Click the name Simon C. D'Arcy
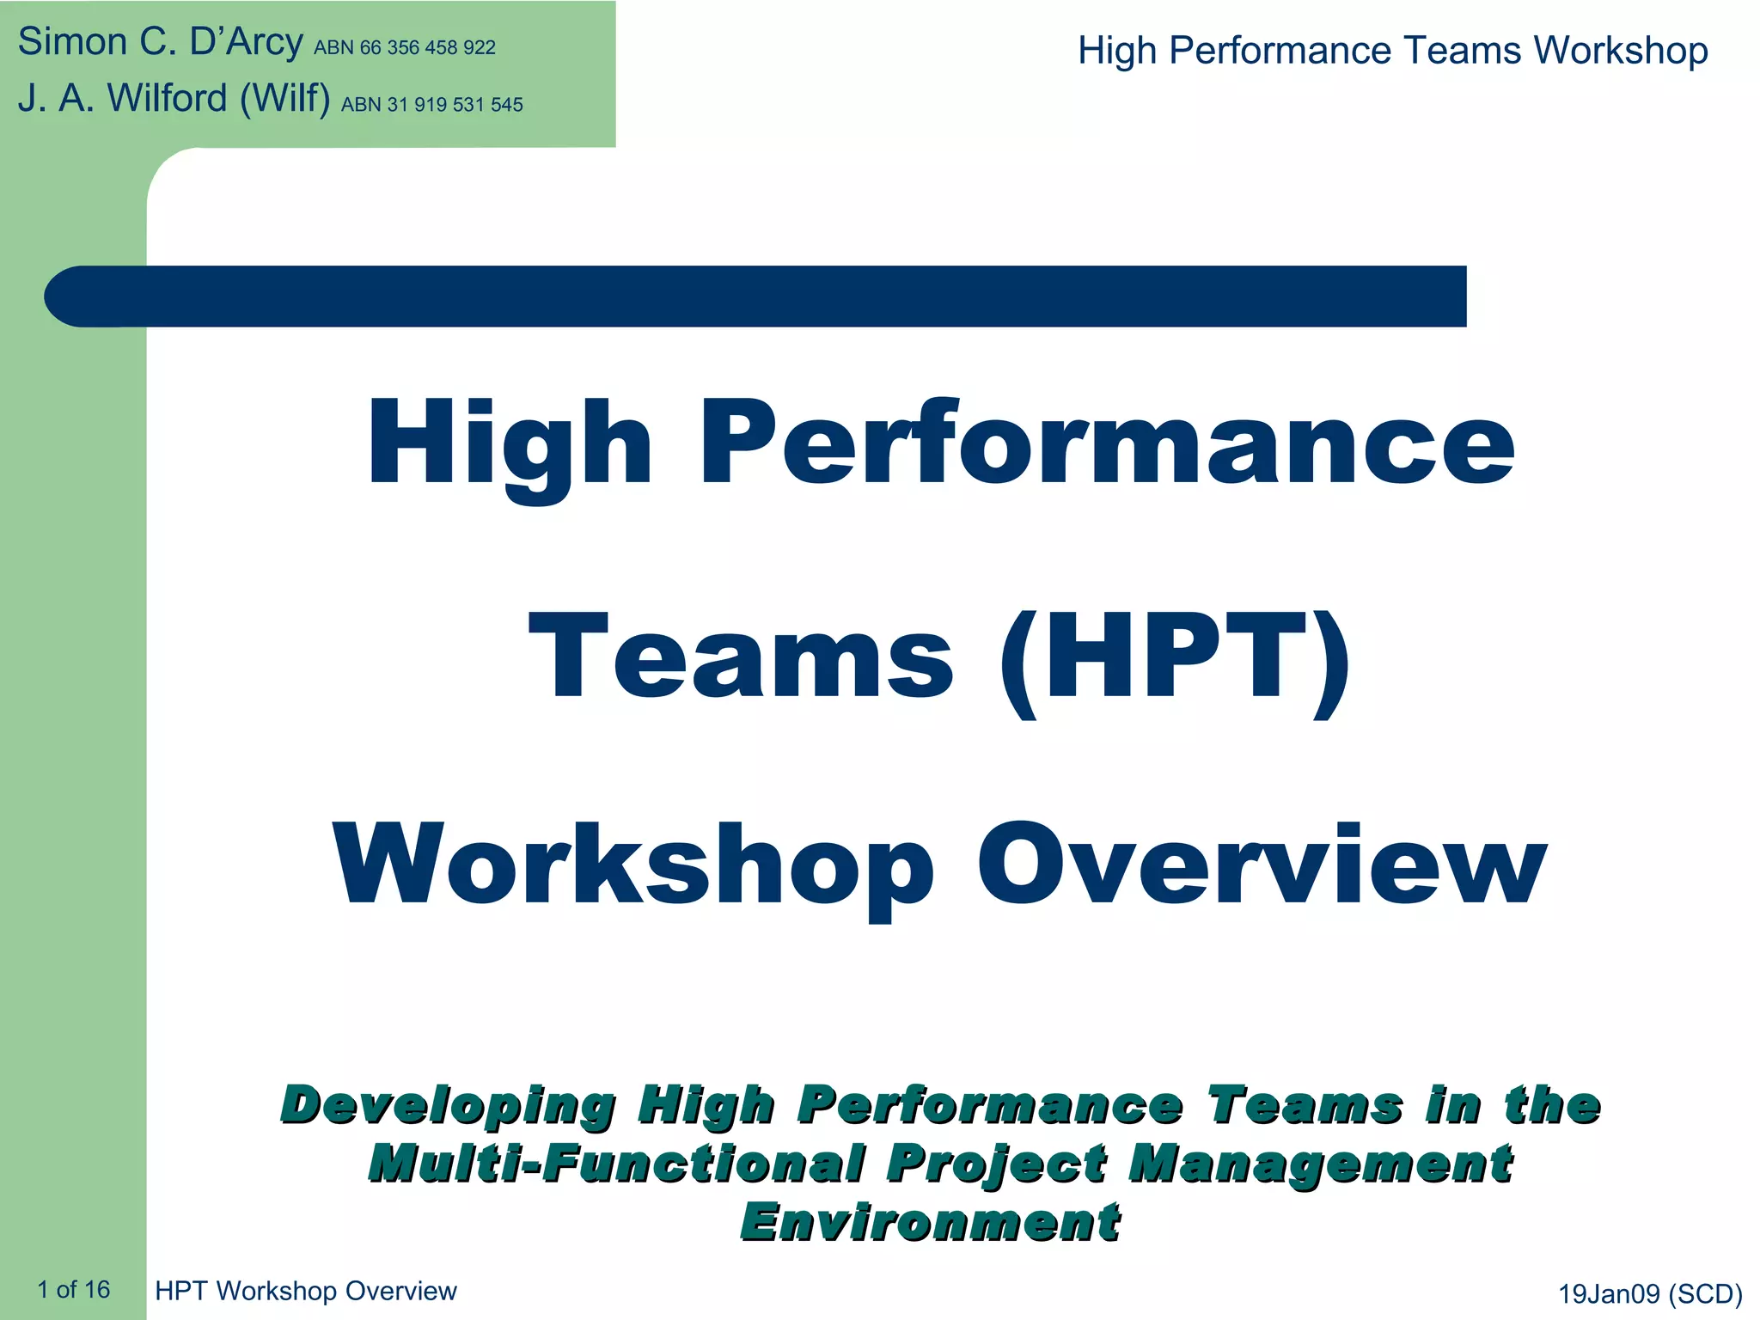click(x=160, y=43)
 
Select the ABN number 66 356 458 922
click(x=404, y=48)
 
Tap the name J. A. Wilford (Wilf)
click(x=174, y=99)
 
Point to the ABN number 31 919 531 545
click(x=431, y=105)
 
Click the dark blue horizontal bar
click(x=756, y=296)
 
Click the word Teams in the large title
click(x=741, y=658)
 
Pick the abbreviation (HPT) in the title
click(x=1174, y=658)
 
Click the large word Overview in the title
click(x=1261, y=865)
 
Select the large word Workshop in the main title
click(x=633, y=865)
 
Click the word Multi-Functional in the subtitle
click(x=617, y=1164)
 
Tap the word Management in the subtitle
click(x=1320, y=1164)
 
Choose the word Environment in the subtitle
click(x=930, y=1222)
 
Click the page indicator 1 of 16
click(x=73, y=1289)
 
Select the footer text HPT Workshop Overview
click(x=306, y=1291)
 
